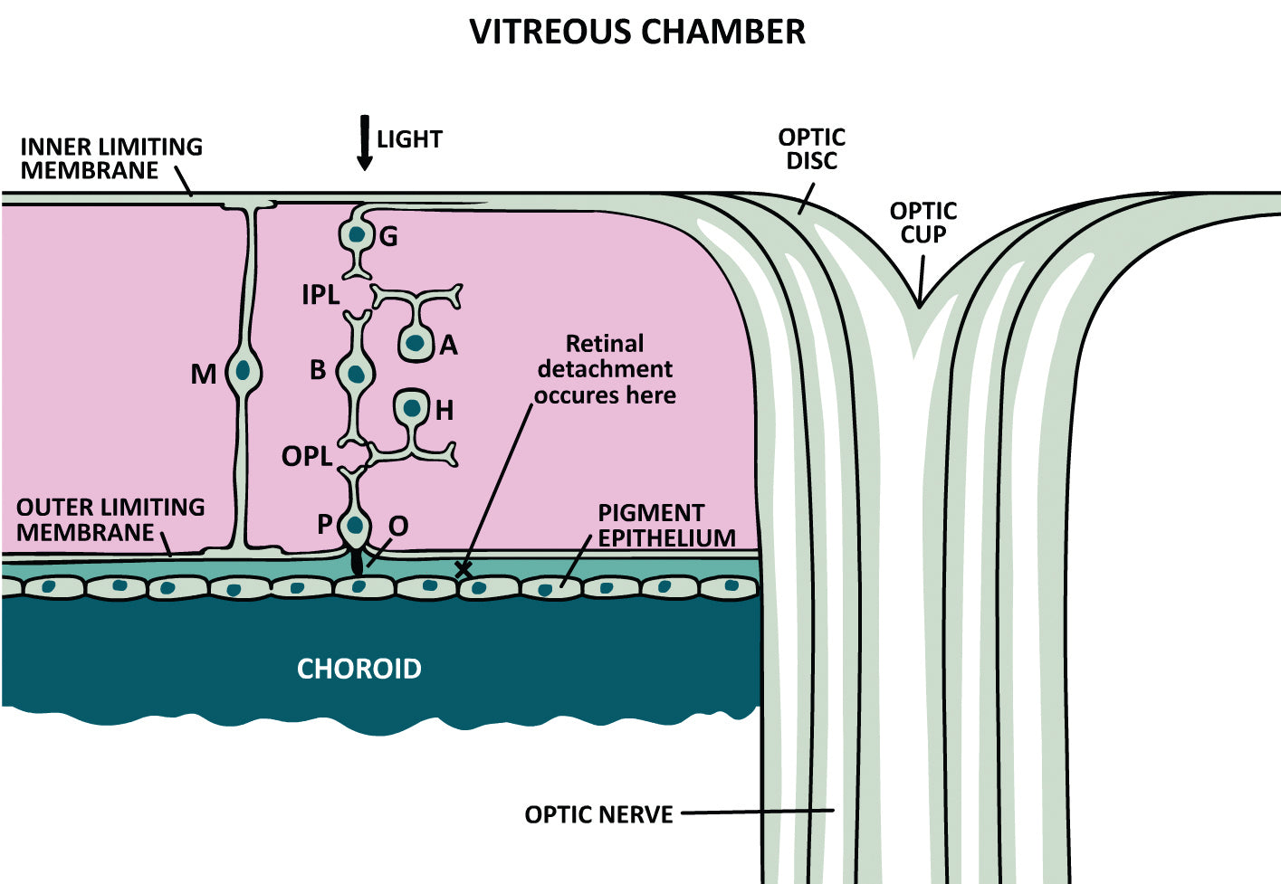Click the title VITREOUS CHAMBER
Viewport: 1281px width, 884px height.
637,32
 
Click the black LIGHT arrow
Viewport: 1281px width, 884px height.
365,143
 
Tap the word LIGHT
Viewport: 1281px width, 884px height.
409,139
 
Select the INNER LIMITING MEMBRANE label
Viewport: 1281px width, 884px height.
110,158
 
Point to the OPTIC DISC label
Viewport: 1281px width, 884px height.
811,149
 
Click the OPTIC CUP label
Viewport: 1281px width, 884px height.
923,223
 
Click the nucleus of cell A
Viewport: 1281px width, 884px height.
416,343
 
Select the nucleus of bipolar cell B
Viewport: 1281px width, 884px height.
356,372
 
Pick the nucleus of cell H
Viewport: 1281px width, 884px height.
413,408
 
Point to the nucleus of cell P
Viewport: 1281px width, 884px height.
355,524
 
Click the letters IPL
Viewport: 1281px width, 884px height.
320,295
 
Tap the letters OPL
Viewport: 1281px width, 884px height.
307,456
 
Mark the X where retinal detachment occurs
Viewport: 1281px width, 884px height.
463,570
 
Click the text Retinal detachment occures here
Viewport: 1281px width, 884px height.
605,369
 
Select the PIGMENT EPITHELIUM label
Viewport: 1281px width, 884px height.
666,525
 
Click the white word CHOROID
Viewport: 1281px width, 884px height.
359,669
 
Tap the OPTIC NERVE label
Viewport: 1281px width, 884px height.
598,814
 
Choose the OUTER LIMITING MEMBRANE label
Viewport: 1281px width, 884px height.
110,519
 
